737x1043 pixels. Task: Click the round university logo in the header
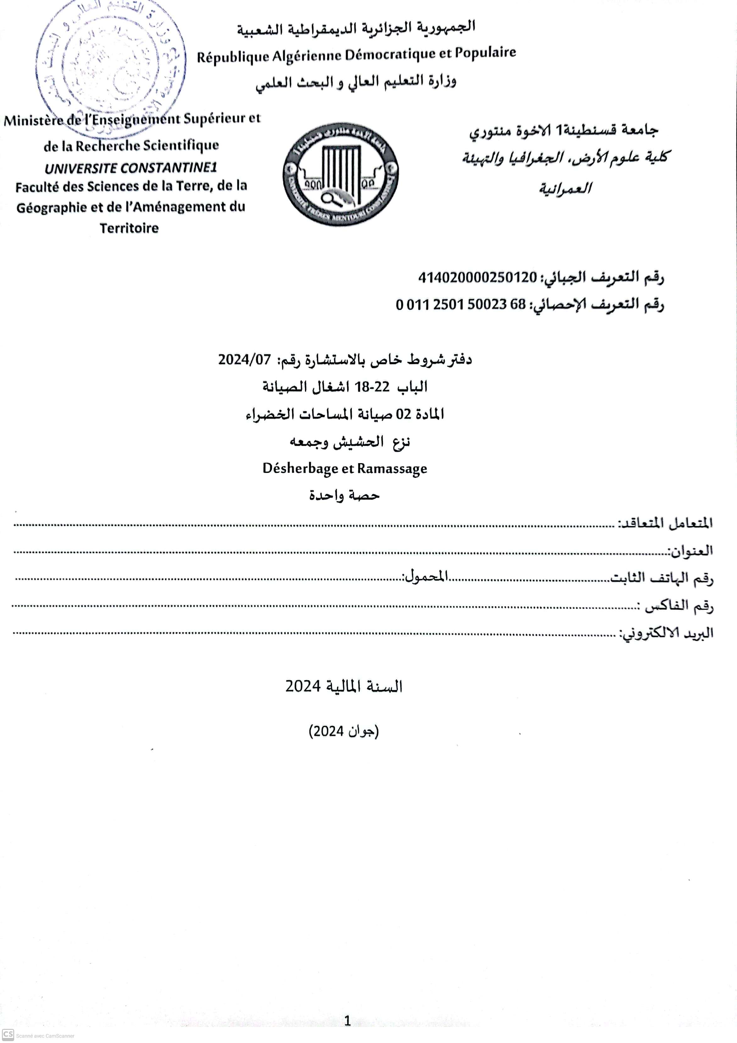[340, 174]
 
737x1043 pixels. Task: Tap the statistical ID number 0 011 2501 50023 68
[460, 304]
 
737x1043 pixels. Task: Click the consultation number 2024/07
[244, 360]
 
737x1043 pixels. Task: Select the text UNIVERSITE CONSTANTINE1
[131, 168]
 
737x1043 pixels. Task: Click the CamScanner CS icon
[8, 1035]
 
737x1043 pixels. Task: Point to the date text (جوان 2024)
[344, 732]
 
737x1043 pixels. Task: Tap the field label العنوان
[690, 551]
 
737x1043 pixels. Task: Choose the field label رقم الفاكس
[679, 606]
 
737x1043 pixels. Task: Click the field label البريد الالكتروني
[667, 633]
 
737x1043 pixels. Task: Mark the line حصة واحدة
[344, 495]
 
